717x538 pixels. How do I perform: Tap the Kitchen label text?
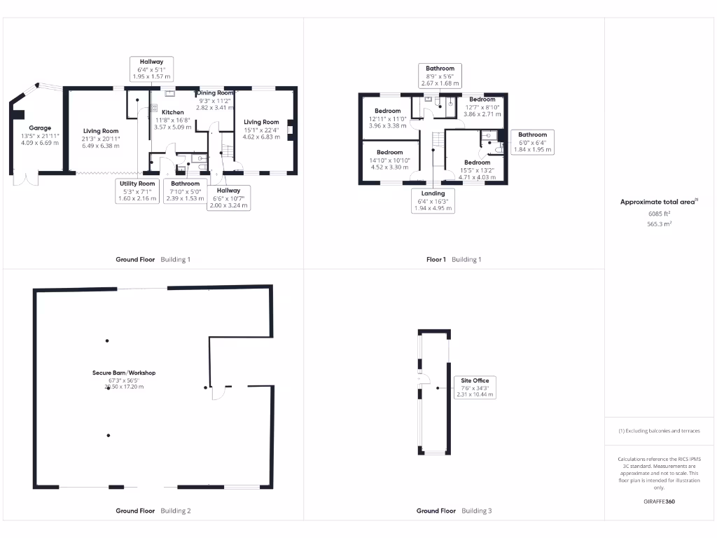[172, 112]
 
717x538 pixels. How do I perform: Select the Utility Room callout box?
[137, 191]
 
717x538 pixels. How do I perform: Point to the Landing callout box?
[433, 200]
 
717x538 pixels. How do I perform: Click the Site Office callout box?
[475, 387]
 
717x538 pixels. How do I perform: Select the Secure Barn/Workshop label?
[124, 373]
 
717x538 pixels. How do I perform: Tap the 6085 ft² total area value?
[658, 214]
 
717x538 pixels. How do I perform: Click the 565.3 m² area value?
[658, 224]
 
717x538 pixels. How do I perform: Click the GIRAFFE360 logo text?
[659, 502]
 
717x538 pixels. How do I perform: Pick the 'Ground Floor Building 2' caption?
[153, 511]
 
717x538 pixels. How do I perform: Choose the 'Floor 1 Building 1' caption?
[454, 259]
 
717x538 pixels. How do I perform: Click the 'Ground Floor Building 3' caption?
[454, 511]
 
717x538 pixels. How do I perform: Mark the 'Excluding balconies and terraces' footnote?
[659, 431]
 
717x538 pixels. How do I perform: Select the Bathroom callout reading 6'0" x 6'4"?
[532, 142]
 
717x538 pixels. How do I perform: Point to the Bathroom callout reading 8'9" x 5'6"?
[440, 76]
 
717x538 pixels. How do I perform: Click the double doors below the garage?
[29, 180]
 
